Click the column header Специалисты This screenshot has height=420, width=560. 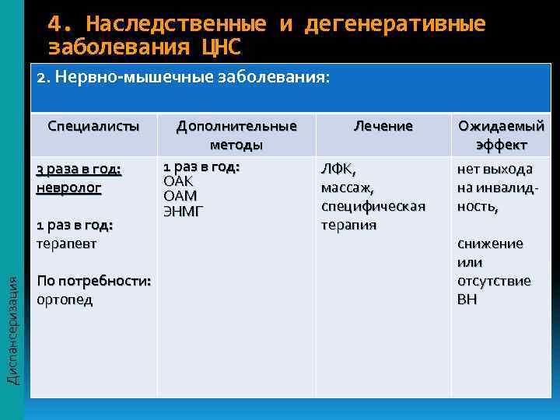click(x=93, y=125)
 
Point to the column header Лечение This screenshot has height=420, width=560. click(x=383, y=125)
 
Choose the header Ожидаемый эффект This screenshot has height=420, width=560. click(x=502, y=135)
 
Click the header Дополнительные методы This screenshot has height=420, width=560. click(x=236, y=135)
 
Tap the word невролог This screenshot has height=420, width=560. click(x=69, y=187)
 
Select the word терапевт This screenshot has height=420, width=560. click(x=67, y=243)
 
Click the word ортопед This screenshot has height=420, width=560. click(x=65, y=299)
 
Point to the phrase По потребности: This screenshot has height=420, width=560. click(x=94, y=281)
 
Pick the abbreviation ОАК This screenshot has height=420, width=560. click(x=178, y=181)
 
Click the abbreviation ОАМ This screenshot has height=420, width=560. click(x=180, y=195)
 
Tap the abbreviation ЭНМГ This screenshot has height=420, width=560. click(x=183, y=210)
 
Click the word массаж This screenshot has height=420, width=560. click(x=347, y=187)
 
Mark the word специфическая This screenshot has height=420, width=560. click(x=373, y=206)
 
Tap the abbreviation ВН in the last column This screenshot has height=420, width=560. click(x=467, y=299)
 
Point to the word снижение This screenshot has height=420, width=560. click(x=490, y=243)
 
